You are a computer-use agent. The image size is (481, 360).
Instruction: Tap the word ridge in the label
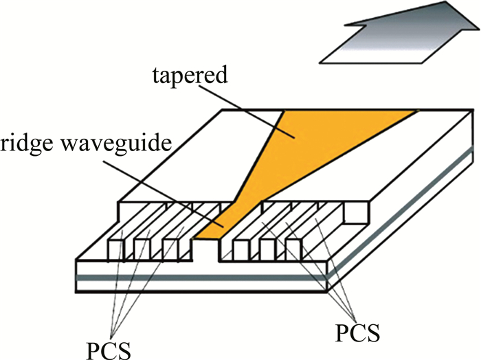[x=28, y=146]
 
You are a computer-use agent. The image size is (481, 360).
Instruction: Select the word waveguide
[x=121, y=146]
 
